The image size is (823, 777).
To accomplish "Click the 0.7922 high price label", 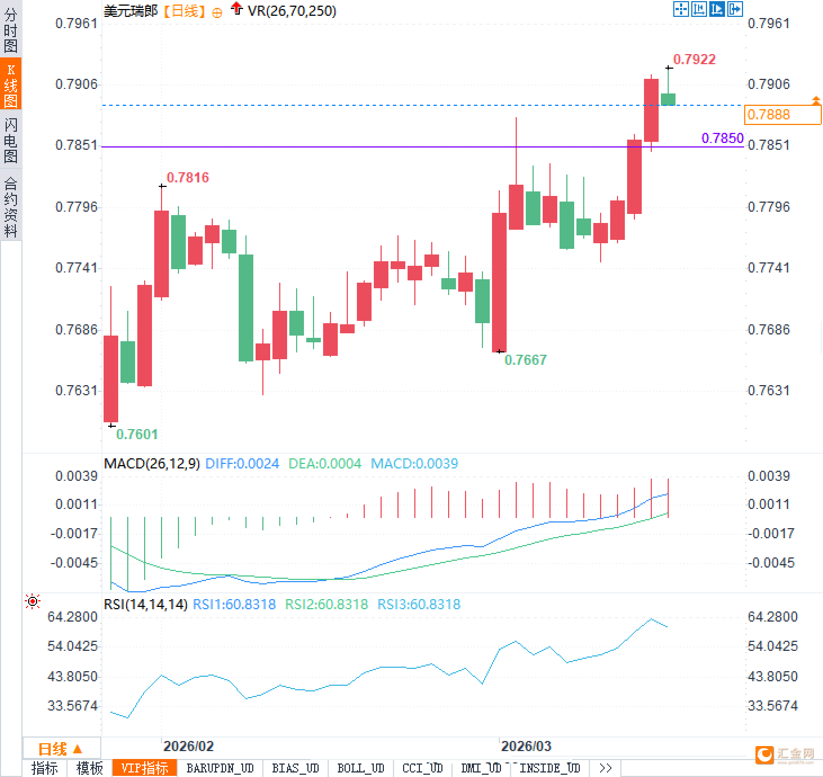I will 694,59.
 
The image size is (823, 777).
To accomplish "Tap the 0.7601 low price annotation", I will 137,434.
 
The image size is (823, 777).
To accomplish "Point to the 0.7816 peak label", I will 187,177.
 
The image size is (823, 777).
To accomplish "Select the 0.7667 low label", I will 525,360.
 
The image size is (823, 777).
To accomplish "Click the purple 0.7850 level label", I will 722,138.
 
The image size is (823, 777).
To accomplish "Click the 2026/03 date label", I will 526,746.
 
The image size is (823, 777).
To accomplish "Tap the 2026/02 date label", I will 188,746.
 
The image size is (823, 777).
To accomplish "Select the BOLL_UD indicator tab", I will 360,768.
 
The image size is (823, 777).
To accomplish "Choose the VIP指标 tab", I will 145,768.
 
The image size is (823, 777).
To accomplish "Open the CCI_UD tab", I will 422,768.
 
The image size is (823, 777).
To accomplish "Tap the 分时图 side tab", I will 11,30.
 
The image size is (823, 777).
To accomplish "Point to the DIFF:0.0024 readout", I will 242,463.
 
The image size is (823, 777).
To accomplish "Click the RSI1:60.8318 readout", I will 234,604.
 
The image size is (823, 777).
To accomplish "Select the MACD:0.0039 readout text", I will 414,463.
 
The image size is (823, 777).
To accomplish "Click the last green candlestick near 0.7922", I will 668,99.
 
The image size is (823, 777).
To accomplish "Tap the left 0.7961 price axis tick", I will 76,23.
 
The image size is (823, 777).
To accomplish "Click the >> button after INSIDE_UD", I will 605,768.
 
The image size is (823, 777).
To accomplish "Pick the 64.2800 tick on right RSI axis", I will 772,617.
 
